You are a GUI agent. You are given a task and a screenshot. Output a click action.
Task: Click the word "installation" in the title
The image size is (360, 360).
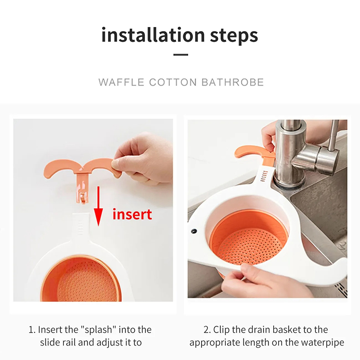pyautogui.click(x=153, y=35)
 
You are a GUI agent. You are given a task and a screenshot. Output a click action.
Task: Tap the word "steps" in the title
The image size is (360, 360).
pyautogui.click(x=234, y=36)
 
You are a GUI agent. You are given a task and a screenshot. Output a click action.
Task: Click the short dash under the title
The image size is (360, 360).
pyautogui.click(x=181, y=54)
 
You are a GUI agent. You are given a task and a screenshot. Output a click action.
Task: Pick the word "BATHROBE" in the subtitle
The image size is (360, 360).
pyautogui.click(x=233, y=82)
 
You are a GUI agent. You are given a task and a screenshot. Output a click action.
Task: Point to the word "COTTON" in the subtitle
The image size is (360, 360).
pyautogui.click(x=173, y=82)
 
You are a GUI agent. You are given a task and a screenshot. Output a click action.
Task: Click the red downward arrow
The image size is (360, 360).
pyautogui.click(x=98, y=206)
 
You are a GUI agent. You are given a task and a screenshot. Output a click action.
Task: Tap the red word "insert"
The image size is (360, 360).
pyautogui.click(x=132, y=214)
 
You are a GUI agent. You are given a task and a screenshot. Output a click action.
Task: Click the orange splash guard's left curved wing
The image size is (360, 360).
pyautogui.click(x=62, y=167)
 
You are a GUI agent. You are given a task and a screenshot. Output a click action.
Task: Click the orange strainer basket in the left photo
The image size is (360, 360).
pyautogui.click(x=81, y=279)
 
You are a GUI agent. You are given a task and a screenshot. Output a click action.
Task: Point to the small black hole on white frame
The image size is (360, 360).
pyautogui.click(x=194, y=231)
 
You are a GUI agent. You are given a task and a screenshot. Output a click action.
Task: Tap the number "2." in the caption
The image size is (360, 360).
pyautogui.click(x=207, y=330)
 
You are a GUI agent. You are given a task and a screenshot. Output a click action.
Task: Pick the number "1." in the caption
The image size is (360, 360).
pyautogui.click(x=32, y=330)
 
